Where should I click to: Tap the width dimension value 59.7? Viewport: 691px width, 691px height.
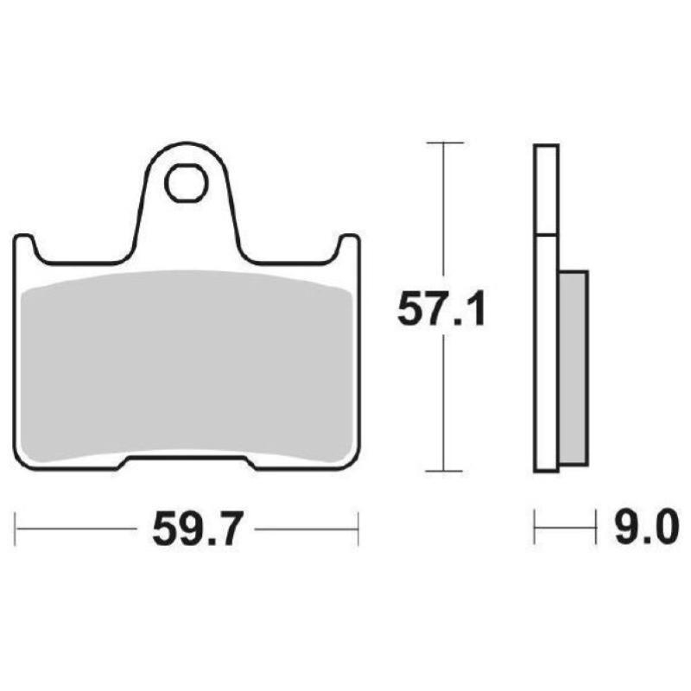[x=193, y=529]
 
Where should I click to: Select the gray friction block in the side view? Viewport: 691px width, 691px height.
[x=574, y=367]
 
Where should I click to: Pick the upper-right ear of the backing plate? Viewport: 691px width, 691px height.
[x=348, y=246]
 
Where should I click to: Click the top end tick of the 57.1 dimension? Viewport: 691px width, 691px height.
[x=444, y=142]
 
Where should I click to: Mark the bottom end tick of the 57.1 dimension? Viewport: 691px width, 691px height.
[x=444, y=472]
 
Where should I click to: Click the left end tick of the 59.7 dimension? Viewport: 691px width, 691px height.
[x=16, y=528]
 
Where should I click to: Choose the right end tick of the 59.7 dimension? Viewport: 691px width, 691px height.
[x=358, y=528]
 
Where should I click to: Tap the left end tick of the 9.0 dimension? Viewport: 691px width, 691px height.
[x=535, y=528]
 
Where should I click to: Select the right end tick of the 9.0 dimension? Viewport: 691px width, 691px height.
[x=596, y=528]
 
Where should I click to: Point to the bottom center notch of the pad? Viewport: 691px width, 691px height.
[x=186, y=462]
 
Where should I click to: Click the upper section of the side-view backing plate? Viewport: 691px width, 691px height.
[x=546, y=190]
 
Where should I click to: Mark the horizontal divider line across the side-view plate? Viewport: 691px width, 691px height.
[x=546, y=235]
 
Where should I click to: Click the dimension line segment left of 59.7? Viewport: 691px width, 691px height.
[x=78, y=528]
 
